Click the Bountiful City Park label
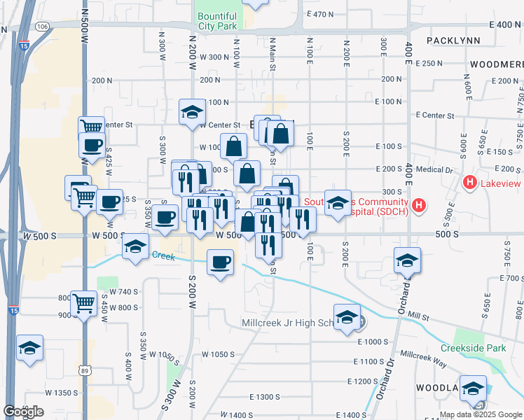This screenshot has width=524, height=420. click(x=217, y=20)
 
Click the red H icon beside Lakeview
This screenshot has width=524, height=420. click(x=470, y=183)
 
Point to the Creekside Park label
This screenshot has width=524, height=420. click(x=473, y=348)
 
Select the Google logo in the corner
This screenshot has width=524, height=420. click(x=23, y=412)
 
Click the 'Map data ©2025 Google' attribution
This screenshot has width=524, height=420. click(x=480, y=414)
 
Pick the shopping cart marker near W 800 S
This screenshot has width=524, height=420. click(x=84, y=303)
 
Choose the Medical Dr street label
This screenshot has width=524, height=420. click(x=436, y=169)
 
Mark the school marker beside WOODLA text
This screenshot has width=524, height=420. click(x=473, y=388)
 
